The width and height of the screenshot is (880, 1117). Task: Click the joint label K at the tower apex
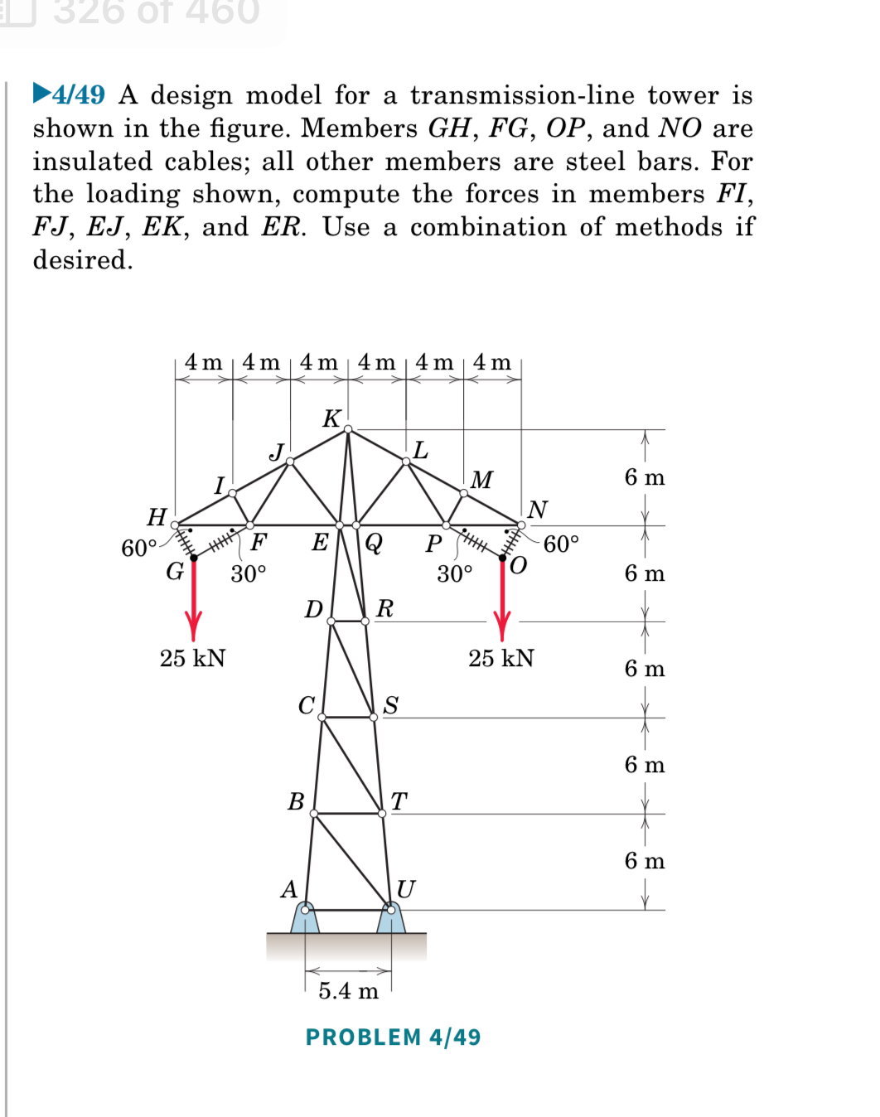point(331,418)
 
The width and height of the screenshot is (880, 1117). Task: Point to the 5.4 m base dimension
point(349,990)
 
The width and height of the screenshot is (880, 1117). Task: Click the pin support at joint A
point(305,917)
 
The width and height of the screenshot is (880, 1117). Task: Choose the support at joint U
point(391,917)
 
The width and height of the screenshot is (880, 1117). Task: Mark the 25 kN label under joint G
point(193,658)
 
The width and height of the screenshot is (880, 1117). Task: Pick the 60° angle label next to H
point(138,548)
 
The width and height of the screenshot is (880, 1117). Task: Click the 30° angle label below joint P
point(455,573)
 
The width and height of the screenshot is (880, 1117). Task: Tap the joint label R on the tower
point(384,609)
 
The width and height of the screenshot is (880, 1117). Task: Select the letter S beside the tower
point(391,705)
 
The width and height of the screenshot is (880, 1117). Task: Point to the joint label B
point(296,801)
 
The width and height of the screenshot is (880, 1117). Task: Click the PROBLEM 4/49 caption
point(393,1037)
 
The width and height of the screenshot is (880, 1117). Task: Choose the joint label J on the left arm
point(277,452)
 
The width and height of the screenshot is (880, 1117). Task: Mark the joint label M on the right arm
point(481,480)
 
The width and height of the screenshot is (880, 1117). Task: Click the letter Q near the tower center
point(374,543)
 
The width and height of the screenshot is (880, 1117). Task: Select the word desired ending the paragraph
point(81,260)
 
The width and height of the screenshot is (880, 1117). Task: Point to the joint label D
point(313,610)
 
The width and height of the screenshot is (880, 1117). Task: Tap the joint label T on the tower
point(399,801)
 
